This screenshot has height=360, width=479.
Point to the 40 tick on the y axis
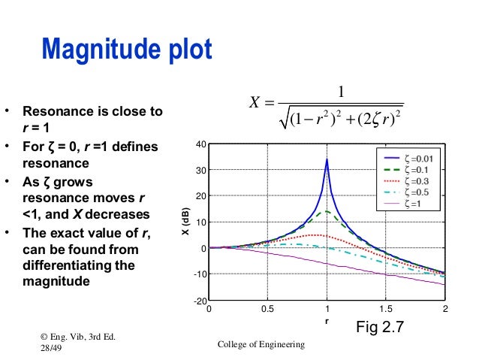pos(200,144)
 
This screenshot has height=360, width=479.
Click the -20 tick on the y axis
pos(199,301)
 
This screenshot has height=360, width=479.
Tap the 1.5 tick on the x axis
pos(386,309)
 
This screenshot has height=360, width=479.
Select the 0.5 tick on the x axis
pos(267,309)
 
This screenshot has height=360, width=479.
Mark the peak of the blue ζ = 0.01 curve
pos(327,159)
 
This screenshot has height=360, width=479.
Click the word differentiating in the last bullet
pos(68,265)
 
